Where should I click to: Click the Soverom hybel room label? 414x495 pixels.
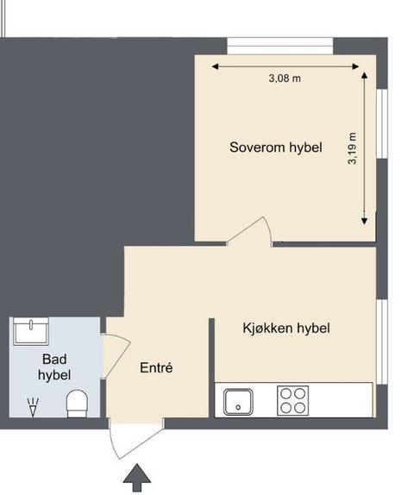point(275,147)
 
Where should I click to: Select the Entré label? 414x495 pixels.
point(156,368)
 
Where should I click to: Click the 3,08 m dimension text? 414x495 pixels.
point(285,78)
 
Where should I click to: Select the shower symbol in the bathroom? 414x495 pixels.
point(33,405)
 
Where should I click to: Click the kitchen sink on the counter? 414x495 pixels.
point(237,401)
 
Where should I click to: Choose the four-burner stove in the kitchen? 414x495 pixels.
point(292,401)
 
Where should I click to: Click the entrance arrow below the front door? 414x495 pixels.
point(135,478)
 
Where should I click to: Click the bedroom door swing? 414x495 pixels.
point(251,231)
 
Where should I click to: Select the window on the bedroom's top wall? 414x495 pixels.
point(279,46)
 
